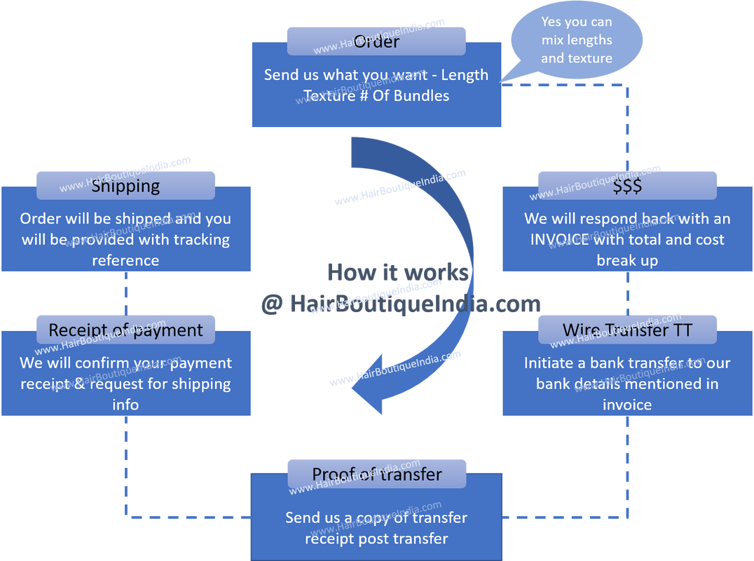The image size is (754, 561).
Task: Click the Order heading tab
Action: click(x=376, y=41)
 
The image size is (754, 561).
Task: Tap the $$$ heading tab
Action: click(x=627, y=186)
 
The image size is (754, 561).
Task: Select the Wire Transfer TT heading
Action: click(x=627, y=330)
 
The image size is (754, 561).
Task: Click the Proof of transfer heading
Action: click(x=376, y=474)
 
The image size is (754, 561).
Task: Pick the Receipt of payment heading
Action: click(x=125, y=330)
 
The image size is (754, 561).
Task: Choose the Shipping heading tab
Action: click(x=126, y=186)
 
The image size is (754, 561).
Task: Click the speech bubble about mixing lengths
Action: click(x=576, y=40)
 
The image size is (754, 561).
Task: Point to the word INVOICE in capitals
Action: click(x=560, y=240)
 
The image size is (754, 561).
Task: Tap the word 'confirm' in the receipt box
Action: click(x=102, y=363)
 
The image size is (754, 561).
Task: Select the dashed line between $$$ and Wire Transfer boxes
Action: click(x=627, y=291)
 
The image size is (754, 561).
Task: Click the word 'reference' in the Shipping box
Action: click(x=126, y=260)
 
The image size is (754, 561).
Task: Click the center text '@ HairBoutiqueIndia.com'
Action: click(x=400, y=304)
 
